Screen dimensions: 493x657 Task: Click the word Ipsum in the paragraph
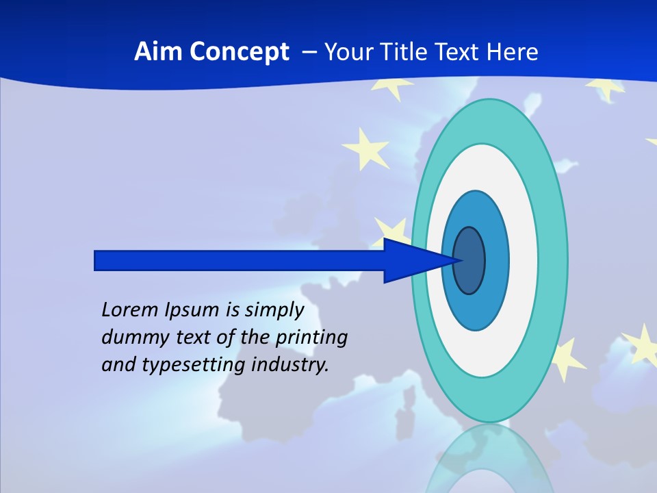[192, 310]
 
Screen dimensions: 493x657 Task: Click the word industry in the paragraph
[290, 365]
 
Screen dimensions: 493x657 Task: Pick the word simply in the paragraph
[274, 310]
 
